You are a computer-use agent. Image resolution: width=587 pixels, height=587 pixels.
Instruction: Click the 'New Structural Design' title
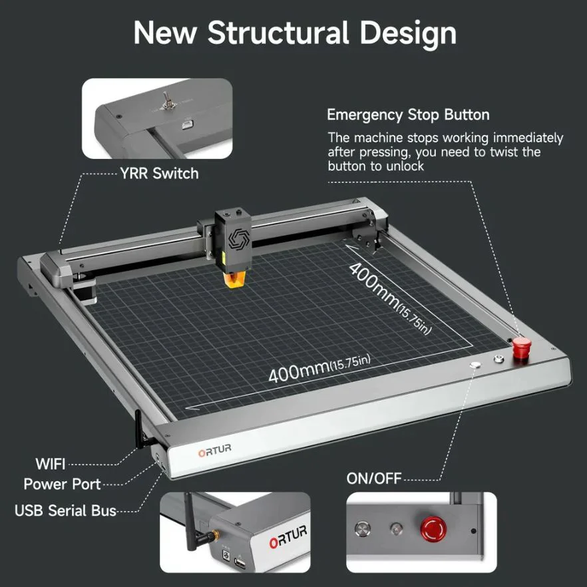point(295,34)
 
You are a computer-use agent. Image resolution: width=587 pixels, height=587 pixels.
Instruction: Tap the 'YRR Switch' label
point(159,173)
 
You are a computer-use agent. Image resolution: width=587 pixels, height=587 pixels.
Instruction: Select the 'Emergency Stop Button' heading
point(408,115)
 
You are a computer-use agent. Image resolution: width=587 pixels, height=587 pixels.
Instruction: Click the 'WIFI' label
point(51,465)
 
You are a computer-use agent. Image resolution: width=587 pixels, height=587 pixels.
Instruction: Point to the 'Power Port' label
point(62,484)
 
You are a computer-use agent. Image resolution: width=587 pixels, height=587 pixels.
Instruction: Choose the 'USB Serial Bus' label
point(65,510)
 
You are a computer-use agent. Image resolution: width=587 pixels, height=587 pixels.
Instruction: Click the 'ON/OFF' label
point(374,479)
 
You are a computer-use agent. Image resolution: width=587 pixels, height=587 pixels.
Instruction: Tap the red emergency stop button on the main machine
point(522,345)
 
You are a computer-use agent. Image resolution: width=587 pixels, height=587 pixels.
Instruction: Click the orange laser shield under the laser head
point(234,280)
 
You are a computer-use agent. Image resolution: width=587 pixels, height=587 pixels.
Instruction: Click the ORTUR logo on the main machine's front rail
point(214,451)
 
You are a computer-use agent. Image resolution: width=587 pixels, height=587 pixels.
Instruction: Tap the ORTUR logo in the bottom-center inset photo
point(288,536)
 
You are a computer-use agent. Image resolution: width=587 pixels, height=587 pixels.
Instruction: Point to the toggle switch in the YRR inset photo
point(165,101)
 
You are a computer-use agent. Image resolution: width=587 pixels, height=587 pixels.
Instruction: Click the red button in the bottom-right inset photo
point(433,529)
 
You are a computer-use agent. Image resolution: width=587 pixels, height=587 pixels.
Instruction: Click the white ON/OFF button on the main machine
point(475,364)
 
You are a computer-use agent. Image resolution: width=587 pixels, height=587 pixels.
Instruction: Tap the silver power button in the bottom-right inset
point(362,529)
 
